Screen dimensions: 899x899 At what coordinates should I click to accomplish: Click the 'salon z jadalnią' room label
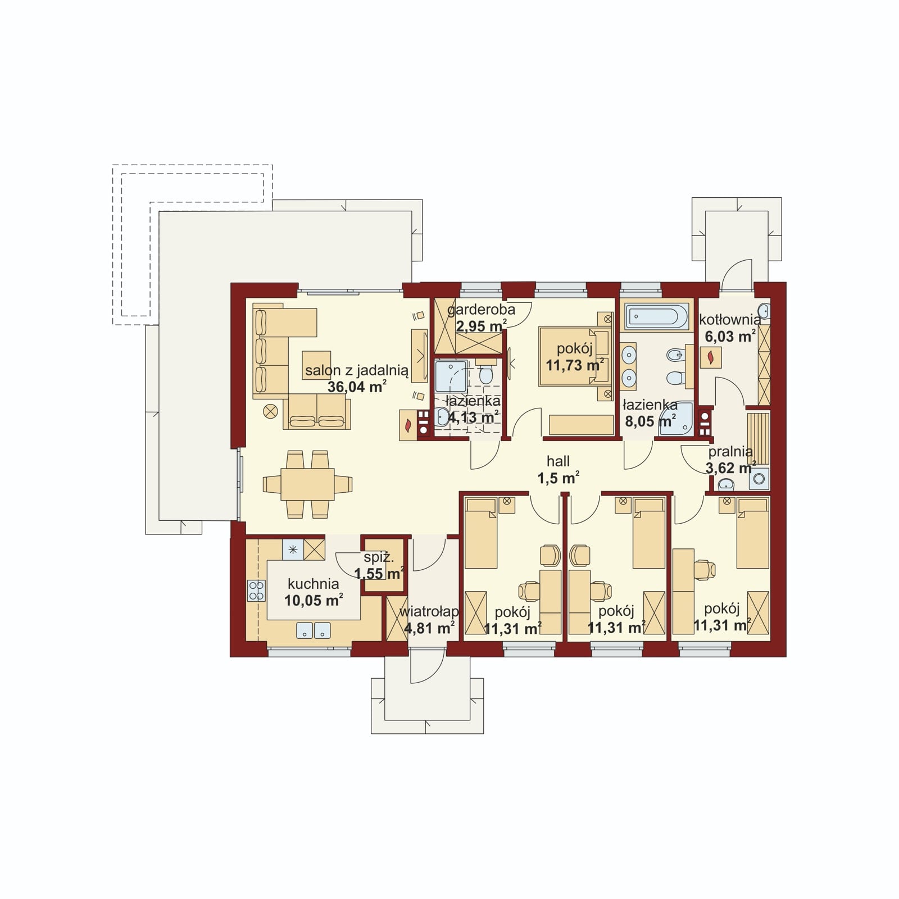(356, 371)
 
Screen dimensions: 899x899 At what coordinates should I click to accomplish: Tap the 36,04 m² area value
(357, 387)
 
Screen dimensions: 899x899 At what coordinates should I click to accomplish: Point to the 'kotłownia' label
(730, 320)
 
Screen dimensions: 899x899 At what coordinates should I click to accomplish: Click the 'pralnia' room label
(730, 452)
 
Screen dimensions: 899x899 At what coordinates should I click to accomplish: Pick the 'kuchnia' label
(313, 584)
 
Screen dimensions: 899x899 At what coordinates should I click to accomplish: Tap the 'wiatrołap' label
(429, 612)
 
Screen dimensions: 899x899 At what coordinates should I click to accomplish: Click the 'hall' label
(558, 461)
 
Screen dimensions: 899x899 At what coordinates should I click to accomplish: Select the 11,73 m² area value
(575, 365)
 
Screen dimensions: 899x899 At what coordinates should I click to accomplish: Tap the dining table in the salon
(307, 484)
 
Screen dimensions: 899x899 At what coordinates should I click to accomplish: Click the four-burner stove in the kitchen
(256, 591)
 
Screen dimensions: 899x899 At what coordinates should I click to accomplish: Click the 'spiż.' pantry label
(379, 559)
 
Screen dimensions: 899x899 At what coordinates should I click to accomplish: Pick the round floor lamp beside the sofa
(270, 411)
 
